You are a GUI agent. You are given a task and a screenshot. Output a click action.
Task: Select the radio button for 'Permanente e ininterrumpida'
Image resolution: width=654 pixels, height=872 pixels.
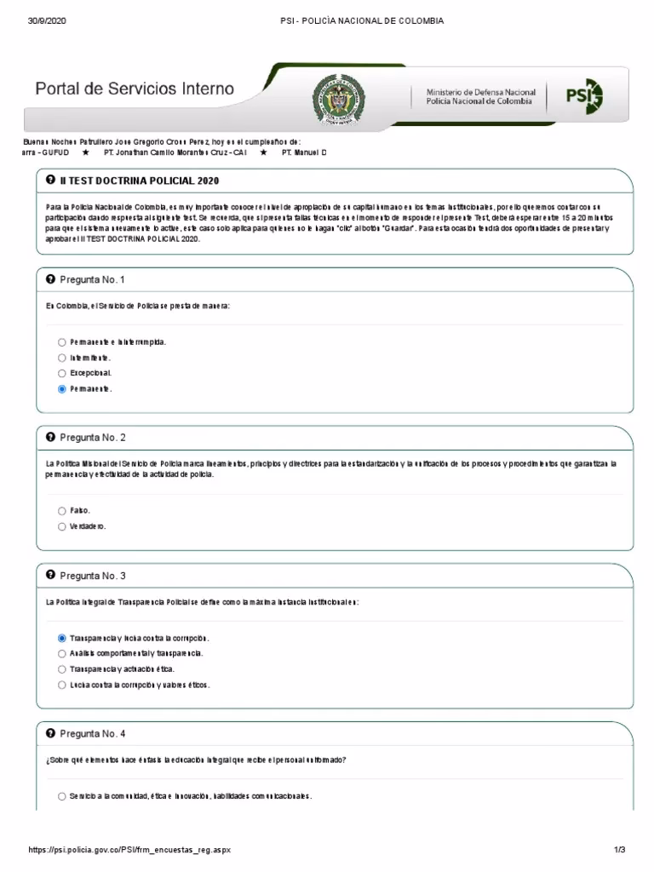pos(62,341)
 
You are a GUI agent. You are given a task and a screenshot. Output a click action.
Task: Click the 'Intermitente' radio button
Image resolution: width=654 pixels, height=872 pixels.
pos(62,358)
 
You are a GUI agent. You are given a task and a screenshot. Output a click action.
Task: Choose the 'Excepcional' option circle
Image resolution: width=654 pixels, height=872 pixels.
pos(62,373)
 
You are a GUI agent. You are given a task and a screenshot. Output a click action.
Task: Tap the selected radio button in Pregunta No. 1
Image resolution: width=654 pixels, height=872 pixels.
pos(62,389)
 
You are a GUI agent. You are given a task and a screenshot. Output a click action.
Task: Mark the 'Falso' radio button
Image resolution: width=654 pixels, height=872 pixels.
pos(62,511)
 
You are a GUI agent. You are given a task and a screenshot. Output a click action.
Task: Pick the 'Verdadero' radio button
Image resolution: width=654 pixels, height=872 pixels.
pos(62,526)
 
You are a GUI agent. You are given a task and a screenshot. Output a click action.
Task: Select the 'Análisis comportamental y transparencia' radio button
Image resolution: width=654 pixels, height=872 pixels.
pos(62,653)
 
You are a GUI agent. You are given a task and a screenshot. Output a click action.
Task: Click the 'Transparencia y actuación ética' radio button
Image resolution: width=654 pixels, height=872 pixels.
pos(62,669)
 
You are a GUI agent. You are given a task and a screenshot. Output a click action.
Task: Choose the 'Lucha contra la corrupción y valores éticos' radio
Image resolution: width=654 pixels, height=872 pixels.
pos(62,685)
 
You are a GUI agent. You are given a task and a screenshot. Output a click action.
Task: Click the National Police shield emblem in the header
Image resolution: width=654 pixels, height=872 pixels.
pos(338,96)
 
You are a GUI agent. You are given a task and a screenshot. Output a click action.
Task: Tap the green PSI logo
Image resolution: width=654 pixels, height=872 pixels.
pos(584,95)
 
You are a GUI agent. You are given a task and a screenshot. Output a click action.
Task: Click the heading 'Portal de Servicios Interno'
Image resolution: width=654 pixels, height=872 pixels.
pos(134,89)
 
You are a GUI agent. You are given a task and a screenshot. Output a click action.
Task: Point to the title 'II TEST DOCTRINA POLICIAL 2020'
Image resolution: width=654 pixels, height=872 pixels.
pos(140,181)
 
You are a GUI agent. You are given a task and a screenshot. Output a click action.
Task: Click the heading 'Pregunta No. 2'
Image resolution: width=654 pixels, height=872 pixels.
pos(93,438)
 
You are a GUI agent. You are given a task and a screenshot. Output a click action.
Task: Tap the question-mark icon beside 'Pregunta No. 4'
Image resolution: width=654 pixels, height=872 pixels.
pos(50,733)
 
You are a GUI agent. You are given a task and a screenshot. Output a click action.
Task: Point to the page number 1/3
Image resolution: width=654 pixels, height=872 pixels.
pos(619,850)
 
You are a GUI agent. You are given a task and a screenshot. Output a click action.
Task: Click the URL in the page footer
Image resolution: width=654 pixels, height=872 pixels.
pos(129,850)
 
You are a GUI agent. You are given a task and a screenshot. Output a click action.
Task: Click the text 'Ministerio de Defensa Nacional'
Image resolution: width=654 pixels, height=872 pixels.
pos(481,91)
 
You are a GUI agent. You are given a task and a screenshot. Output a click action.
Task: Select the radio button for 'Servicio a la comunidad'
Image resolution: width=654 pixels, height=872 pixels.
pos(62,796)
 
